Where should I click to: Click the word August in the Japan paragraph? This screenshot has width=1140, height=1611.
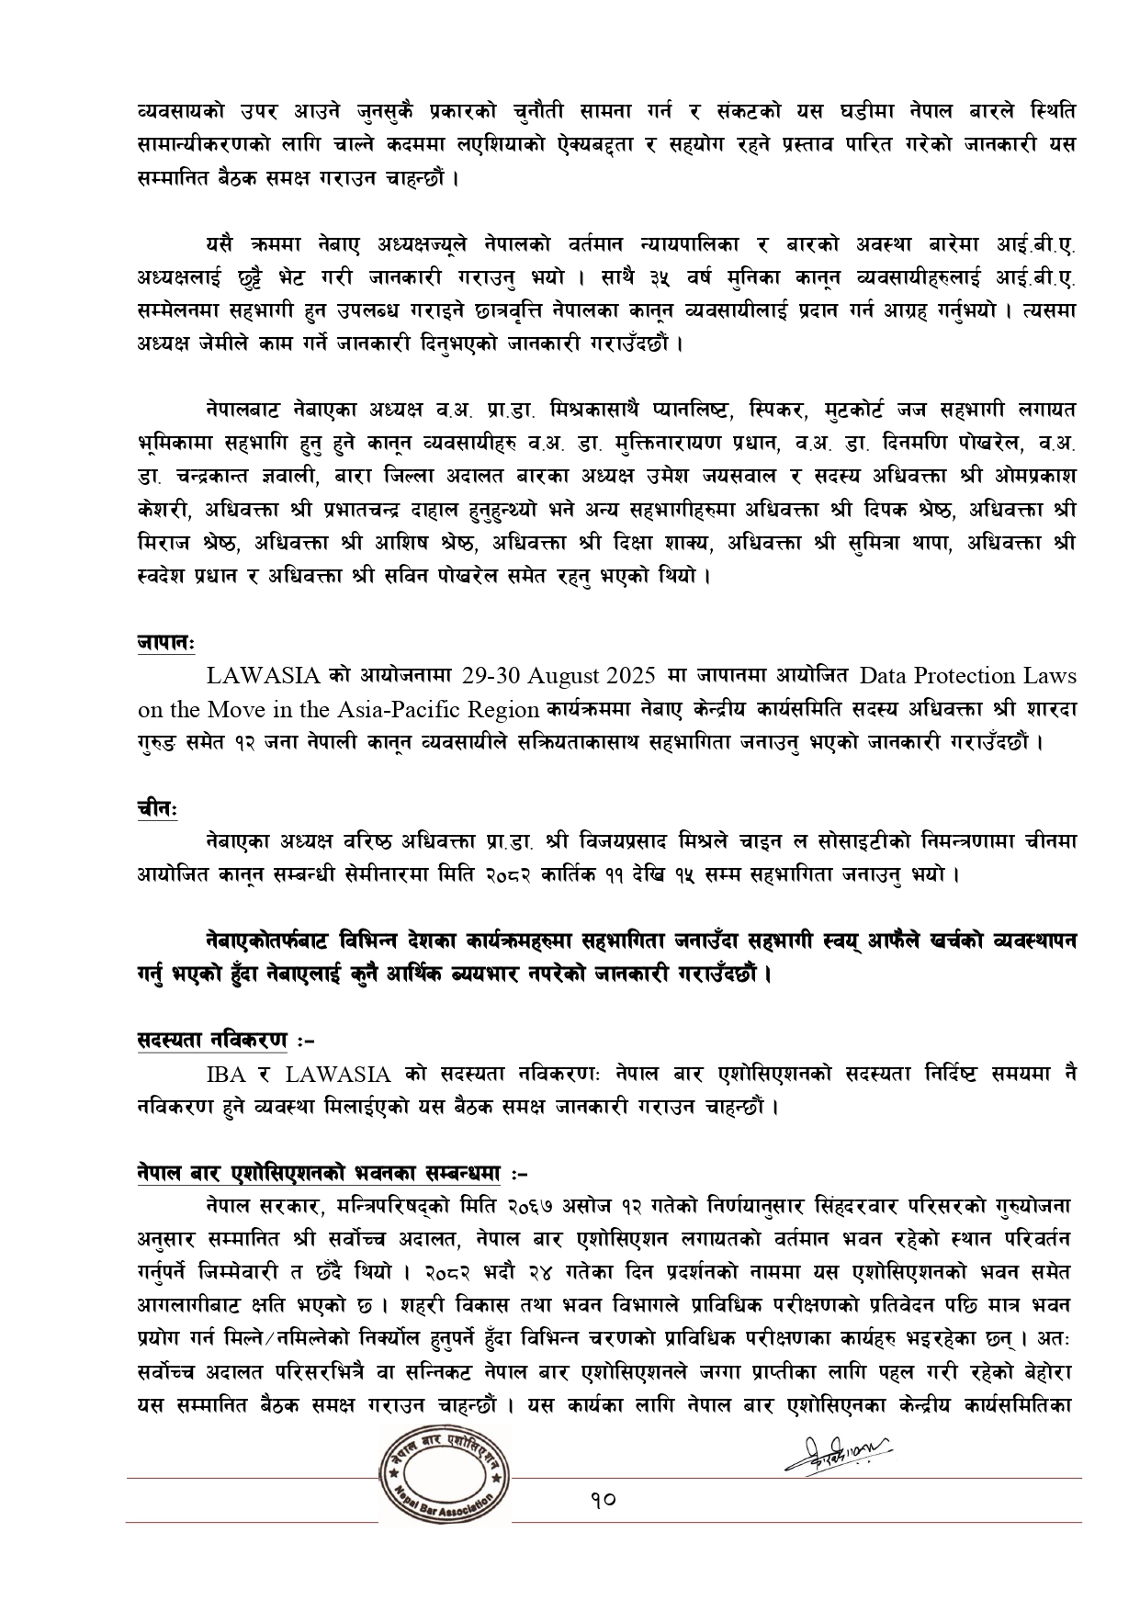click(567, 676)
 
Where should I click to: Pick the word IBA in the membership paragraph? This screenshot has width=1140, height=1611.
click(225, 1074)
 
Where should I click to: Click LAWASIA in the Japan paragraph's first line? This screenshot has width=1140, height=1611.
click(263, 676)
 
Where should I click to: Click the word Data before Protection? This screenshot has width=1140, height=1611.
click(883, 676)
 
